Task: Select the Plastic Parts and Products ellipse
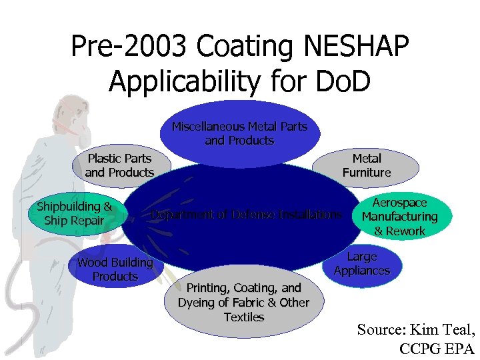point(119,165)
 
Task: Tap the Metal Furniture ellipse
point(367,165)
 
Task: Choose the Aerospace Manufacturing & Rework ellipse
point(399,217)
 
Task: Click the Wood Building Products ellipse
point(115,269)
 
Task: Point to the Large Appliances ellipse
point(362,263)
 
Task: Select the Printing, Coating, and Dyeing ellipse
point(243,303)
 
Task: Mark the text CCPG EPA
point(436,348)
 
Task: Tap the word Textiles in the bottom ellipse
point(244,317)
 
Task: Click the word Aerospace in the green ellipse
point(399,203)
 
